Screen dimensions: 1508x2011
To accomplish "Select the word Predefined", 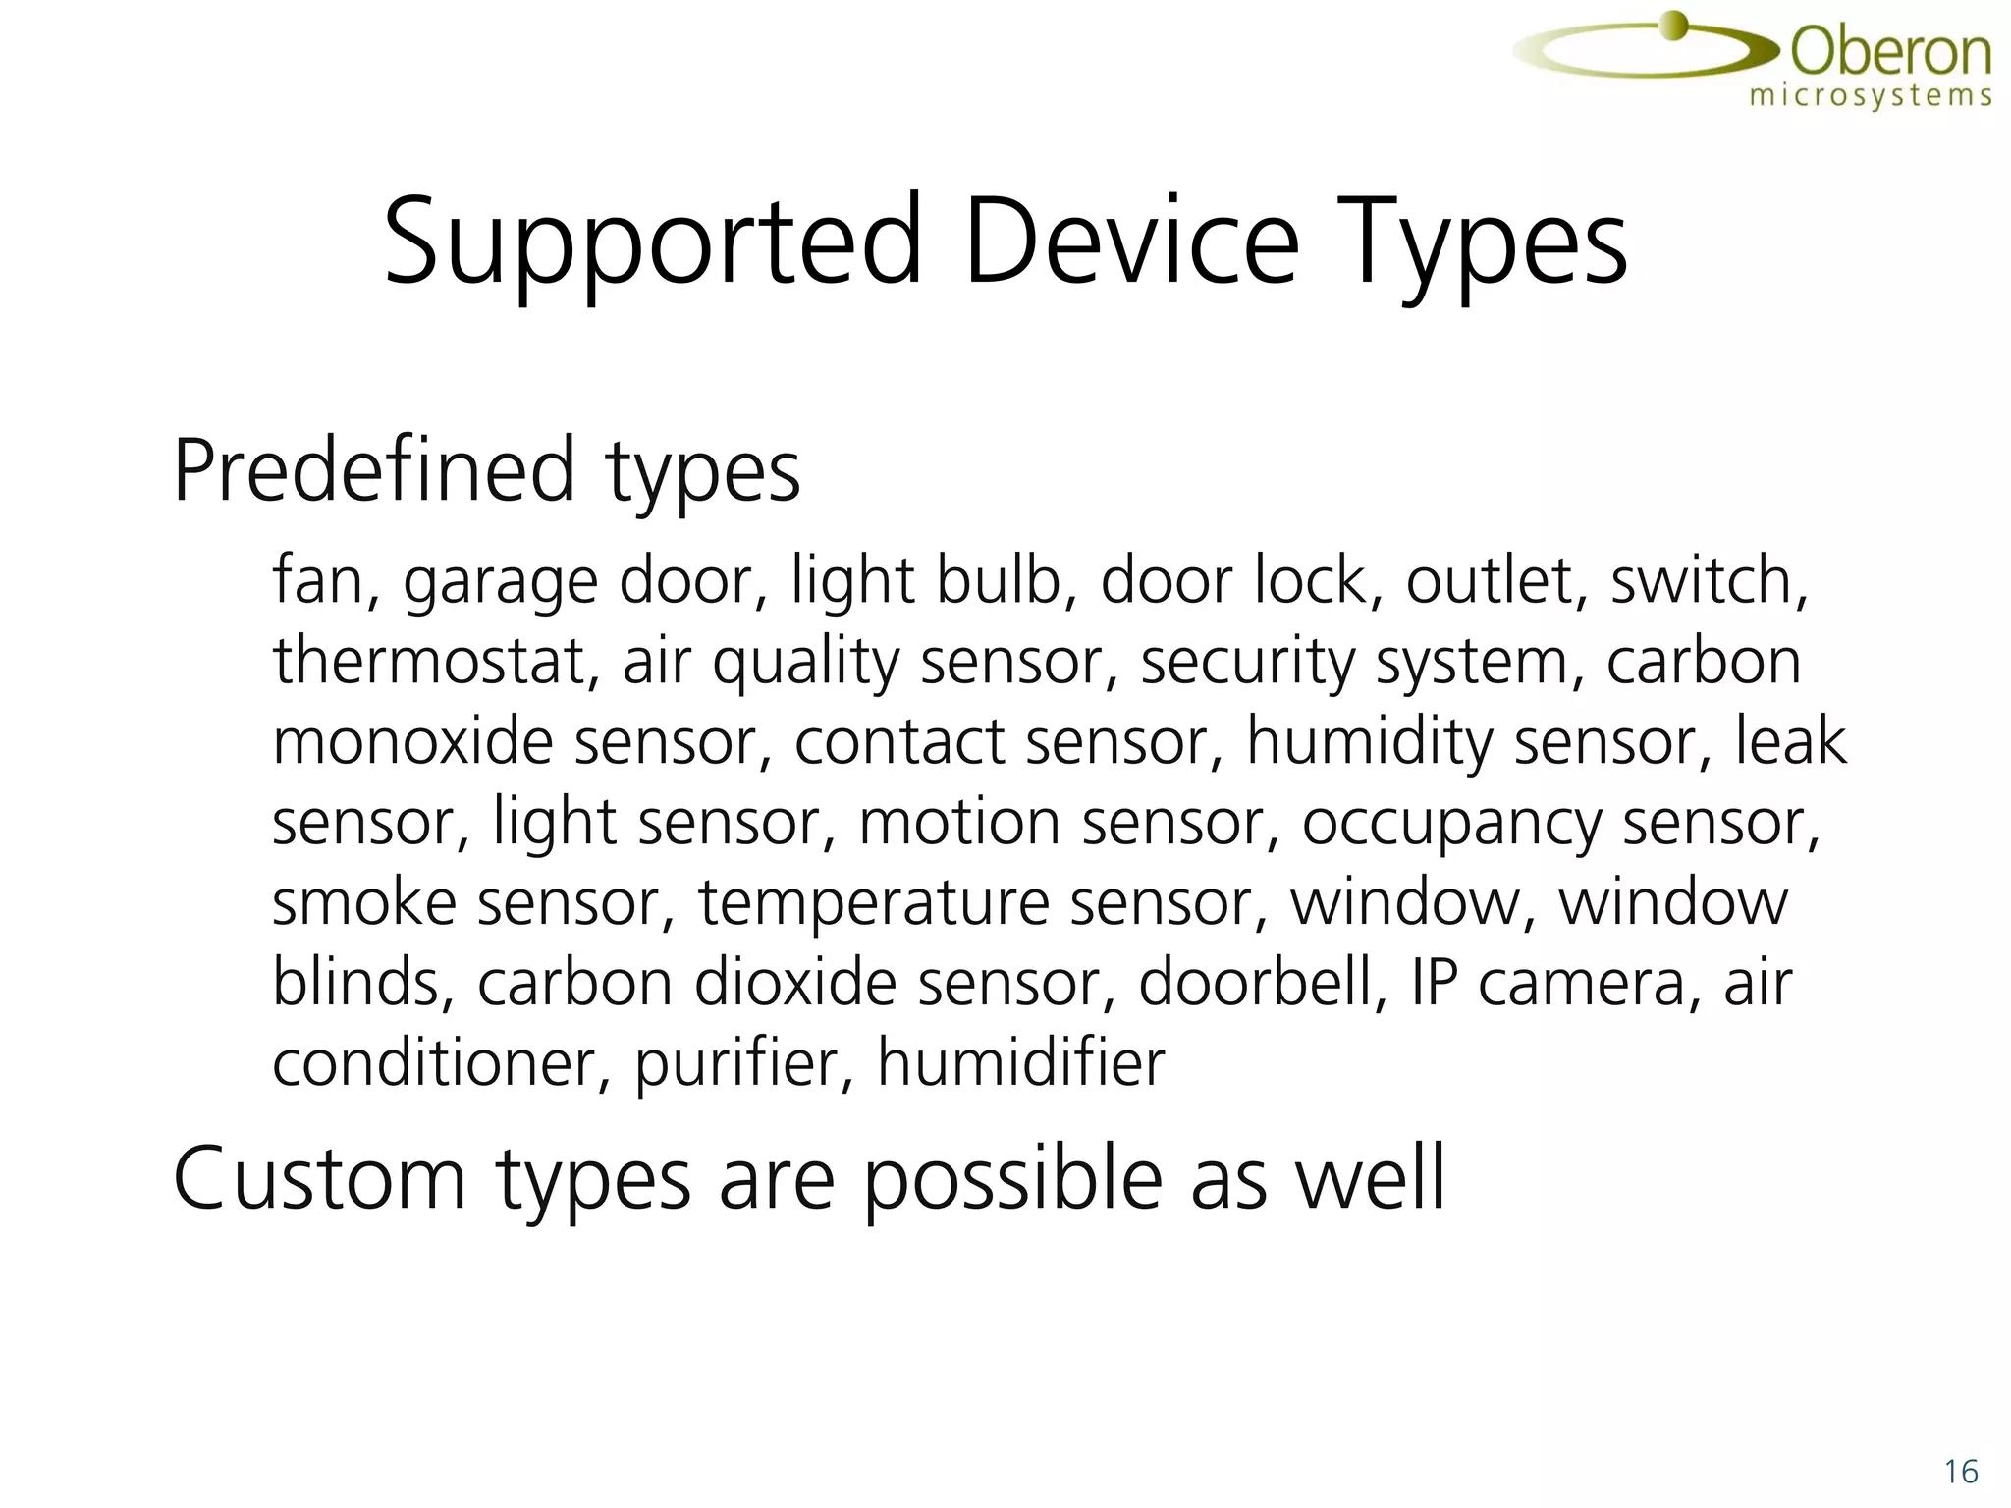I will coord(373,471).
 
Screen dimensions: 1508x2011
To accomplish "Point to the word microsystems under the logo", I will coord(1871,96).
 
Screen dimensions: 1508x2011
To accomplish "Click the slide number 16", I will coord(1960,1472).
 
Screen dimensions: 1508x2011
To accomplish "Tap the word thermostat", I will coord(428,661).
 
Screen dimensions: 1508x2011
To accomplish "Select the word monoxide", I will coord(412,741).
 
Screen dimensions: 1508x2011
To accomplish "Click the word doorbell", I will coord(1261,982).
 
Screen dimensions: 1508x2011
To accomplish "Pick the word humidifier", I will coord(1020,1062).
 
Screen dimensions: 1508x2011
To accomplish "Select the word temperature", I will coord(874,904).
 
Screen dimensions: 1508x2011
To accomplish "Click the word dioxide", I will coord(795,982).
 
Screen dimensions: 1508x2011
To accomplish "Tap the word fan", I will coord(317,580).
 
